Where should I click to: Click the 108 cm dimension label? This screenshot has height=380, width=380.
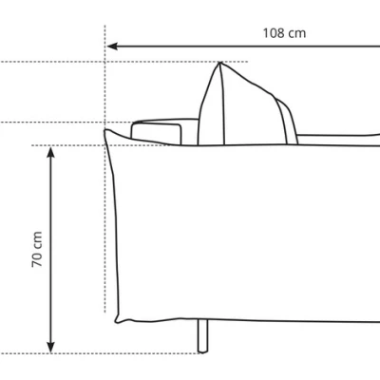[284, 33]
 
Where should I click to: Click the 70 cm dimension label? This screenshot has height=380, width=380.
[37, 249]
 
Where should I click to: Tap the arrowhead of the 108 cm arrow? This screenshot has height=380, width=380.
[112, 47]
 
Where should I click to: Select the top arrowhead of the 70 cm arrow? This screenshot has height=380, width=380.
[50, 152]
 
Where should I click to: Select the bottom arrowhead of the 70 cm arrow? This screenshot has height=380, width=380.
[50, 348]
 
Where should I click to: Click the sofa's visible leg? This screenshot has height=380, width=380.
[203, 335]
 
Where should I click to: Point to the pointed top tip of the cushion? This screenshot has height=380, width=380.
[219, 63]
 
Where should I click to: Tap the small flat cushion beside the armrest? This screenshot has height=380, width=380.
[157, 132]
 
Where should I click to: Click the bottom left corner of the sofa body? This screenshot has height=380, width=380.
[117, 321]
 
